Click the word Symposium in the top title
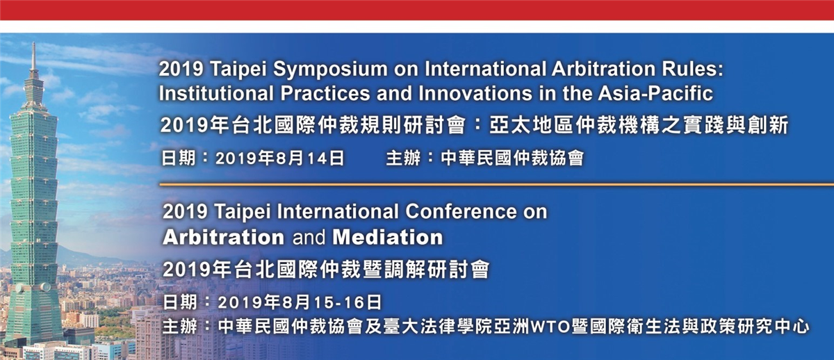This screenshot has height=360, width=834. coord(330,70)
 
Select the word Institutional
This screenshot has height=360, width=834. coord(216,93)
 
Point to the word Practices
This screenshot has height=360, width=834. coord(325,93)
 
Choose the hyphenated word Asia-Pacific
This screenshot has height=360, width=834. coord(655,93)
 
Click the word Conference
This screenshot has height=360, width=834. coord(461,211)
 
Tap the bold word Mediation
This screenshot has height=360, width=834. coord(388,237)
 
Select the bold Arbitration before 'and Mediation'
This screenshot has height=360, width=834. coord(223,237)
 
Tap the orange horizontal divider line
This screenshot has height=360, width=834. coord(497,184)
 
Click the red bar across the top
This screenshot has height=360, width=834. coord(417,10)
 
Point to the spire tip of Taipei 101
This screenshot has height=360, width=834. coord(33,43)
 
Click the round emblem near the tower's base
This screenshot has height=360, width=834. coord(45,286)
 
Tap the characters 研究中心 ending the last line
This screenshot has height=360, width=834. coord(766,327)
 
